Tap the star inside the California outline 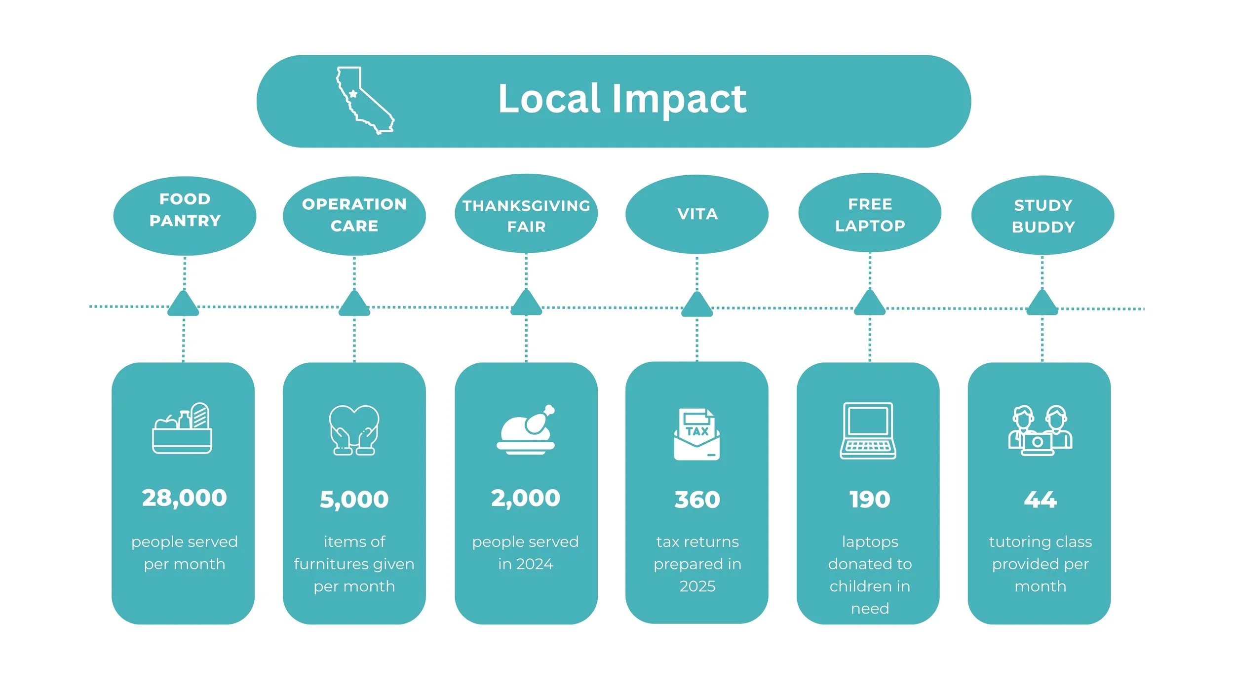coord(353,94)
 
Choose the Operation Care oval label coord(354,215)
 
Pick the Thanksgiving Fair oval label coord(526,216)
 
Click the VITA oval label coord(697,214)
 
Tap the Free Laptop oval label coord(870,215)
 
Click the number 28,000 coord(184,498)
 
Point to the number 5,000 coord(354,500)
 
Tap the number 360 coord(697,500)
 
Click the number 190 coord(870,500)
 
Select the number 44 coord(1040,500)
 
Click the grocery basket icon coord(182,428)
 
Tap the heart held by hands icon coord(354,430)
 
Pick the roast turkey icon coord(526,429)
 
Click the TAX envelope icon coord(696,434)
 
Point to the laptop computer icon coord(868,430)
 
